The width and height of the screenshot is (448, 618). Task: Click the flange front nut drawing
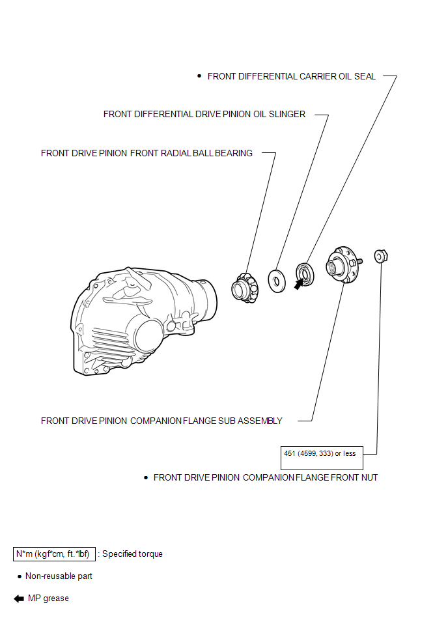pyautogui.click(x=381, y=256)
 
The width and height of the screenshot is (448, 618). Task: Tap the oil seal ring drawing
pyautogui.click(x=305, y=274)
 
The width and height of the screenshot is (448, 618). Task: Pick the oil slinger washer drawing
pyautogui.click(x=277, y=281)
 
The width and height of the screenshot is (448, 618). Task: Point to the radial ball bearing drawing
pyautogui.click(x=245, y=288)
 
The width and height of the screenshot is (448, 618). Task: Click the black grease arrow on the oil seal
pyautogui.click(x=299, y=283)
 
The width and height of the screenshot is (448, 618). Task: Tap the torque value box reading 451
pyautogui.click(x=322, y=458)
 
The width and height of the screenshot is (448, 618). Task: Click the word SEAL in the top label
pyautogui.click(x=365, y=76)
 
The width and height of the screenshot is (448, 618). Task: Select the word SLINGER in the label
pyautogui.click(x=287, y=115)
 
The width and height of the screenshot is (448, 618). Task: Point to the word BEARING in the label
pyautogui.click(x=234, y=153)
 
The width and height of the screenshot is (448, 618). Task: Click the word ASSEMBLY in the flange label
pyautogui.click(x=260, y=421)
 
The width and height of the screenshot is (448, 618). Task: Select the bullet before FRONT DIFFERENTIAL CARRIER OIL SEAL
pyautogui.click(x=199, y=76)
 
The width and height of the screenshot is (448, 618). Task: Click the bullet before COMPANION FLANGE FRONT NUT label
pyautogui.click(x=146, y=478)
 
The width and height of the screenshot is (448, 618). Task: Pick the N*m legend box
pyautogui.click(x=54, y=554)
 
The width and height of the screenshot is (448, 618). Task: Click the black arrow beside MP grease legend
pyautogui.click(x=19, y=598)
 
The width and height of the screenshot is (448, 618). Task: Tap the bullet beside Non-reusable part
pyautogui.click(x=20, y=576)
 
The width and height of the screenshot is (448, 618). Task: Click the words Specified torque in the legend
pyautogui.click(x=132, y=554)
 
